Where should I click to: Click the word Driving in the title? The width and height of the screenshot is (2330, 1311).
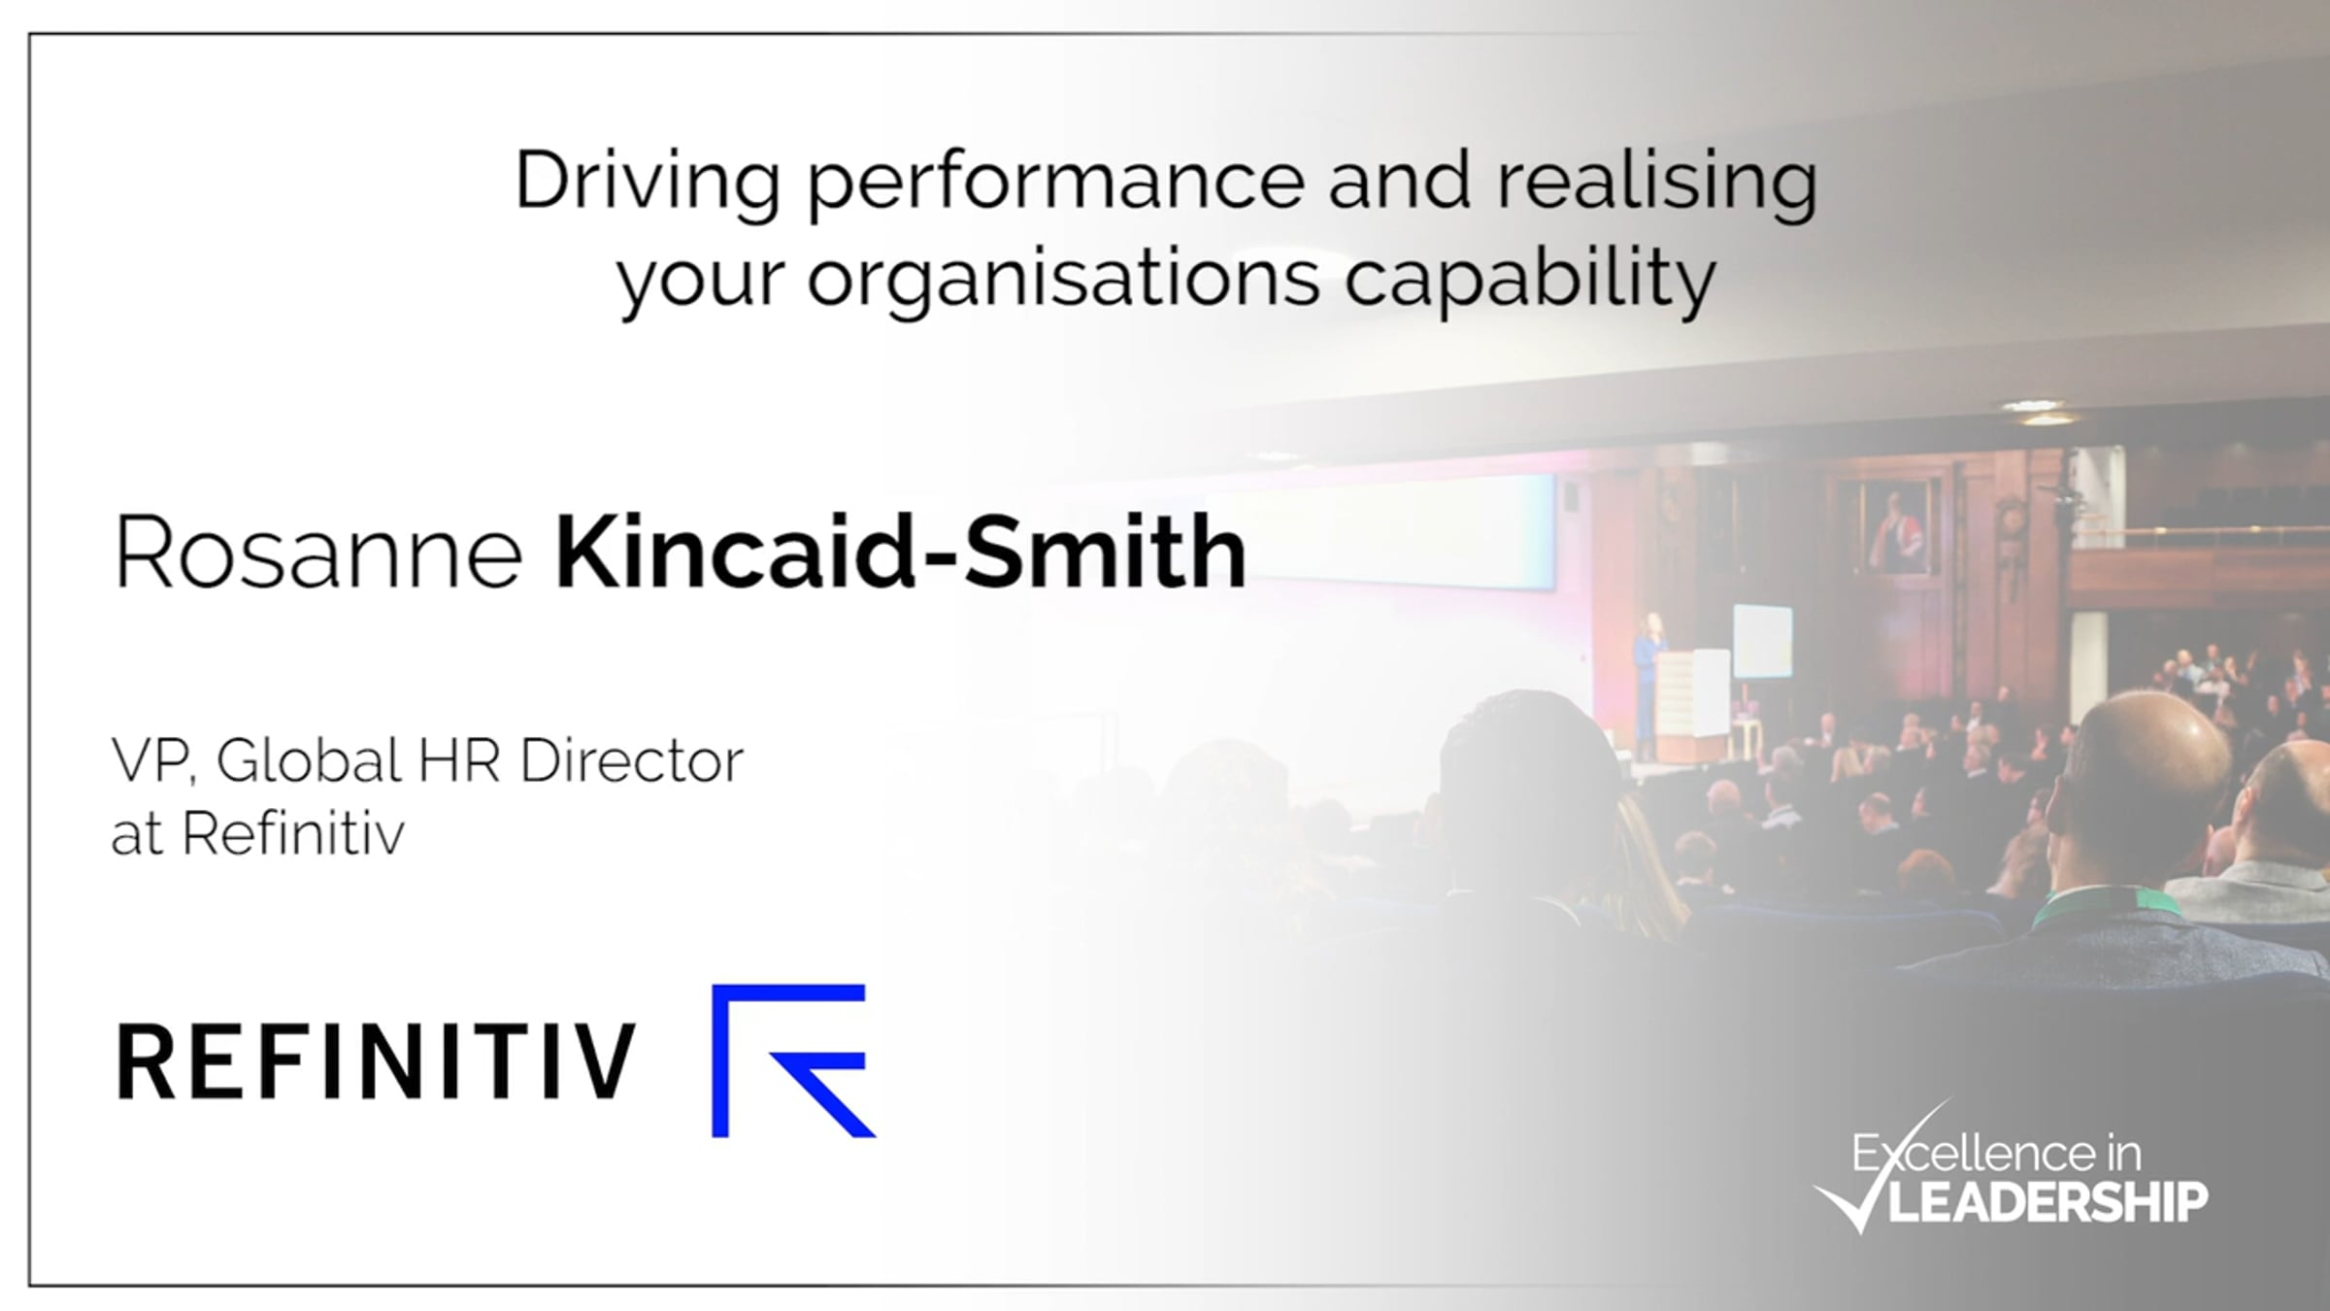[x=648, y=183]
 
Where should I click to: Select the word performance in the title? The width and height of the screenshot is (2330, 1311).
[x=1056, y=183]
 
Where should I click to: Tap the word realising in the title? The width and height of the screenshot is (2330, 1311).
[x=1657, y=183]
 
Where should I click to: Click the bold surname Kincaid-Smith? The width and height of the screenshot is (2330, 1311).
[x=900, y=552]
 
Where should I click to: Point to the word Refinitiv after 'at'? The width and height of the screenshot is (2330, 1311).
[x=292, y=833]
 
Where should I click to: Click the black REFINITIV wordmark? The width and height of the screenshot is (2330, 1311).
[x=377, y=1062]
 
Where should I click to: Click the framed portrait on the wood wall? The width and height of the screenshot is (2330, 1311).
[x=1891, y=529]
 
